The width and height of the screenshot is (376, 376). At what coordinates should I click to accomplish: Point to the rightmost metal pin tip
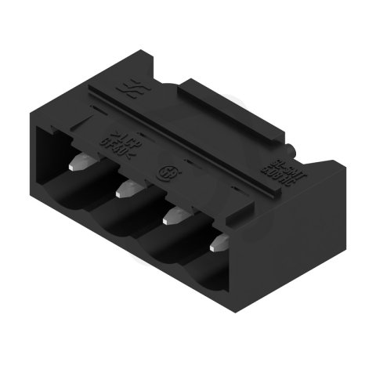[220, 242]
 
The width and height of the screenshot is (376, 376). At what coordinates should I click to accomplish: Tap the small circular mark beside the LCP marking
[167, 171]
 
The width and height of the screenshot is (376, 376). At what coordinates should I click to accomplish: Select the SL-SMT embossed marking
[273, 172]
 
